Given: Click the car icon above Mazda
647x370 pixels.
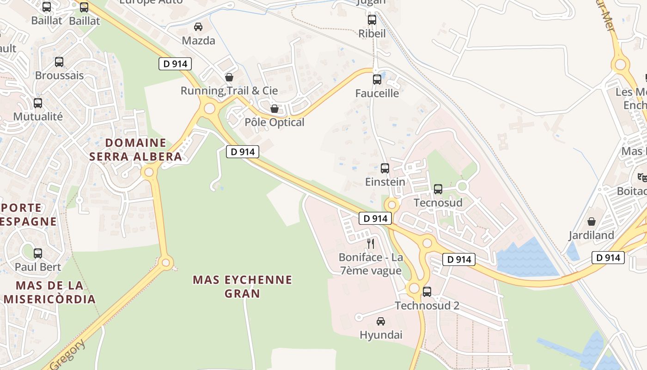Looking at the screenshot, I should click(x=198, y=27).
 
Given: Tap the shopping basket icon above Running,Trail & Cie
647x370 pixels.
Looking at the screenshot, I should click(x=229, y=77).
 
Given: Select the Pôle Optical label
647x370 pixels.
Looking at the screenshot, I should click(x=275, y=122).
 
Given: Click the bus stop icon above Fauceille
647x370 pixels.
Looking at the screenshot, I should click(x=377, y=80).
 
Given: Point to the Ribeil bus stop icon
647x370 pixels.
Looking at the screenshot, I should click(x=372, y=20).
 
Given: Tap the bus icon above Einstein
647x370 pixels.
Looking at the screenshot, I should click(x=385, y=168).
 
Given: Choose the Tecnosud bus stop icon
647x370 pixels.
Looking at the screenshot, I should click(x=438, y=189).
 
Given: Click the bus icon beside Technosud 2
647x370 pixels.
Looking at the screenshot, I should click(x=427, y=292).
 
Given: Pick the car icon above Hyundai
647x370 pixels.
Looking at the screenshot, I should click(x=381, y=321).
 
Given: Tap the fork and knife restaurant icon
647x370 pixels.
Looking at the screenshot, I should click(x=371, y=243).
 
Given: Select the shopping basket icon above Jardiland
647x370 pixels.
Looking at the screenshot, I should click(x=592, y=222).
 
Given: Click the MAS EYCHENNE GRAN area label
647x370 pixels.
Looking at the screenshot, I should click(x=242, y=286).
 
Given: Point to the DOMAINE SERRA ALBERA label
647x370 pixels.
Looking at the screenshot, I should click(x=135, y=149).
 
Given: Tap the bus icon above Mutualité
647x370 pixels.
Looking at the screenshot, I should click(x=38, y=103).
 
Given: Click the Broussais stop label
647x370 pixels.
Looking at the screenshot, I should click(x=60, y=75).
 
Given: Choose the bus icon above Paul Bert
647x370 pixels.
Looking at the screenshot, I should click(x=38, y=253).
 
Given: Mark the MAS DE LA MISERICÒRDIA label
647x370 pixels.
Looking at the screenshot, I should click(x=49, y=292).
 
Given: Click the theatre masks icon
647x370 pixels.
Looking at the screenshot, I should click(x=642, y=177).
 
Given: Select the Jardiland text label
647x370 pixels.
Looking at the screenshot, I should click(x=591, y=235).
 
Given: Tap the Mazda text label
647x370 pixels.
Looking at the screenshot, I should click(x=198, y=41).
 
